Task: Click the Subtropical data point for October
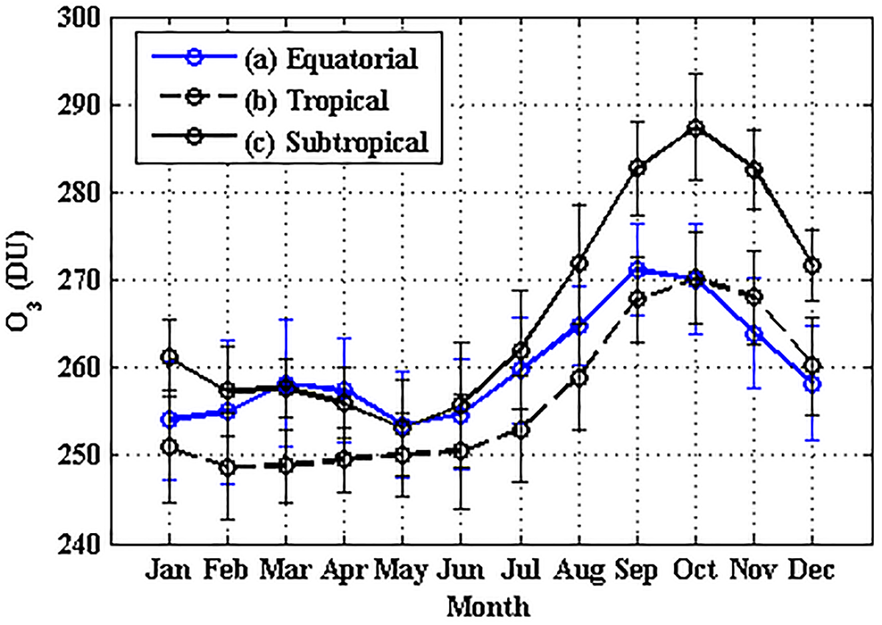pyautogui.click(x=696, y=128)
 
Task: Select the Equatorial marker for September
pyautogui.click(x=637, y=270)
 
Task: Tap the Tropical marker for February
pyautogui.click(x=228, y=467)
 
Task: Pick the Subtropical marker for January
pyautogui.click(x=170, y=357)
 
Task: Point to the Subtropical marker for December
pyautogui.click(x=812, y=266)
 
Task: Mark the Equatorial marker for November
pyautogui.click(x=754, y=334)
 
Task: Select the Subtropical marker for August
pyautogui.click(x=579, y=263)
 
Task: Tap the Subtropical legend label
pyautogui.click(x=356, y=142)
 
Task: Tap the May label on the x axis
pyautogui.click(x=402, y=571)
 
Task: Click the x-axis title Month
pyautogui.click(x=489, y=606)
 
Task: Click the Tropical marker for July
pyautogui.click(x=521, y=430)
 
